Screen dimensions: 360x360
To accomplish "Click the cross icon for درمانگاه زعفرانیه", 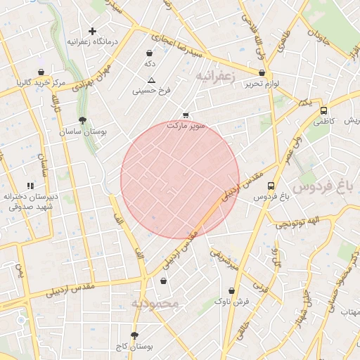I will (x=92, y=31).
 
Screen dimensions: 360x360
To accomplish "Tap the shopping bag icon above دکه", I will (x=149, y=53).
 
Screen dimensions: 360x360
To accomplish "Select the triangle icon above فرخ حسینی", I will (x=150, y=80).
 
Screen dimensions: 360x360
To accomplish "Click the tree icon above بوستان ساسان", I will (x=83, y=120).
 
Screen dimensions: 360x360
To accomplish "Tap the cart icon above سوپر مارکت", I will (x=186, y=115).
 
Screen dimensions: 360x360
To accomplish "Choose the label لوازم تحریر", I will (x=262, y=84).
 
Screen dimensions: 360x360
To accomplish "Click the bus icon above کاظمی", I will (x=323, y=110).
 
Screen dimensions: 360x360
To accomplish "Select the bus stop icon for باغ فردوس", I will (x=271, y=186).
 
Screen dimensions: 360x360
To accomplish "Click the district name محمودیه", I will (x=155, y=303).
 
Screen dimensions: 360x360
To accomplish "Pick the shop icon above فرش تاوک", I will (x=231, y=290).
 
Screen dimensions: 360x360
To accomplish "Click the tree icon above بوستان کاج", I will (x=134, y=335).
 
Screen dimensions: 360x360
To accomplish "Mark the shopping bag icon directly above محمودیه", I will (x=163, y=281).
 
